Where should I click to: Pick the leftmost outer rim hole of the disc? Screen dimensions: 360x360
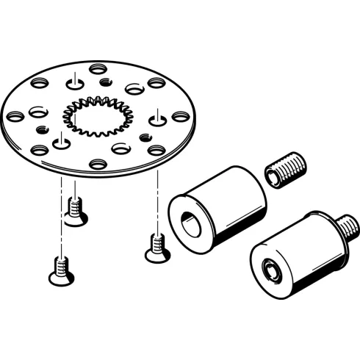click(x=14, y=115)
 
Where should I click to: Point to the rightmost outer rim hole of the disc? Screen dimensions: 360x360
click(x=179, y=115)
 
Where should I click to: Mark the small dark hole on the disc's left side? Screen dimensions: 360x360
click(x=42, y=128)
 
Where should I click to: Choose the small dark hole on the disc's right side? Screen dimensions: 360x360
click(x=145, y=136)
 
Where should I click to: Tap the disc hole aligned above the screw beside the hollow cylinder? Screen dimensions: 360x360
click(x=156, y=118)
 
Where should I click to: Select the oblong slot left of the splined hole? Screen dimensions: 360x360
click(x=38, y=112)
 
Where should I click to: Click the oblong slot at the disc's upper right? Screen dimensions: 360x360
click(x=134, y=88)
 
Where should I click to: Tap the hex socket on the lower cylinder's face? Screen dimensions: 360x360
click(x=270, y=270)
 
